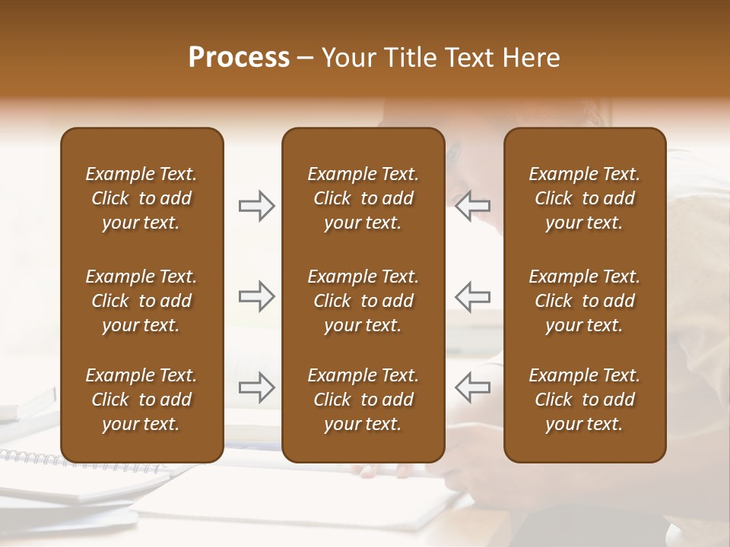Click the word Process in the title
coord(239,58)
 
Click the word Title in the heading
coord(410,58)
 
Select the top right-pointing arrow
coord(256,206)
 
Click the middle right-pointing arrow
coord(256,296)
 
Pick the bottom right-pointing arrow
coord(256,387)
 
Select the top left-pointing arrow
coord(472,206)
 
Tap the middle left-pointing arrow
coord(472,296)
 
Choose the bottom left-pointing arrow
coord(472,387)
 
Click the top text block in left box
coord(141,198)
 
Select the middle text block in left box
coord(141,301)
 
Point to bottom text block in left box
coord(141,400)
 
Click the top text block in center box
coord(363,198)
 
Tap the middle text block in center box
coord(363,301)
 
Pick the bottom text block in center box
coord(363,400)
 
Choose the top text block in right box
coord(584,198)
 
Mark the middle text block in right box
coord(584,301)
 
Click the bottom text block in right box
coord(584,400)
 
